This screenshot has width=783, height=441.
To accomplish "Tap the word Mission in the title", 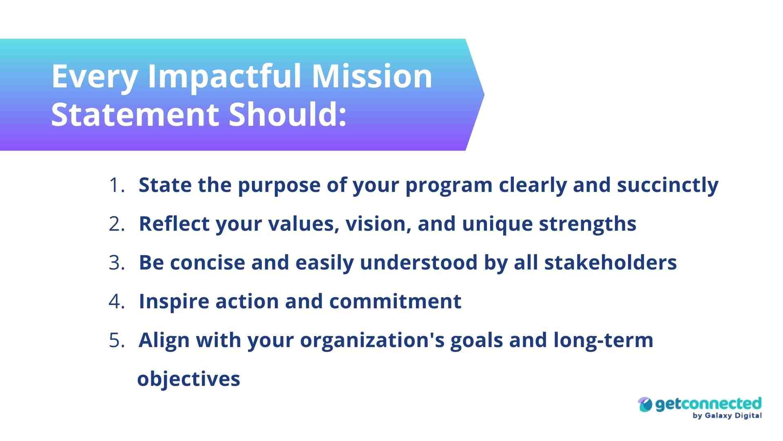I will pos(372,76).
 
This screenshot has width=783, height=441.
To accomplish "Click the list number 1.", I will pos(117,185).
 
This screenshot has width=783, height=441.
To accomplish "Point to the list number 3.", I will pos(117,263).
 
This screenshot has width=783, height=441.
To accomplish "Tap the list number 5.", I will pos(117,340).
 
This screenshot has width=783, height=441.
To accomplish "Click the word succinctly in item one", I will pos(668,185).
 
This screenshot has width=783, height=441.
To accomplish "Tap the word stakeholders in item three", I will pos(610,263).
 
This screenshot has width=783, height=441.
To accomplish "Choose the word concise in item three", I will pos(207,263).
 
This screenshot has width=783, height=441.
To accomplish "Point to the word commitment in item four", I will pos(395,301).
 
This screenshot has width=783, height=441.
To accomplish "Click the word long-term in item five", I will pos(603,340).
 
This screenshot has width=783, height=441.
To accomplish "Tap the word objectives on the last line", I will pos(189,379).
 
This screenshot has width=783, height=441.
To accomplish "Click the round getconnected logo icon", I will pos(645,405).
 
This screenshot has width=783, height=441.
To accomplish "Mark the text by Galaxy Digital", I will pos(727,416).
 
